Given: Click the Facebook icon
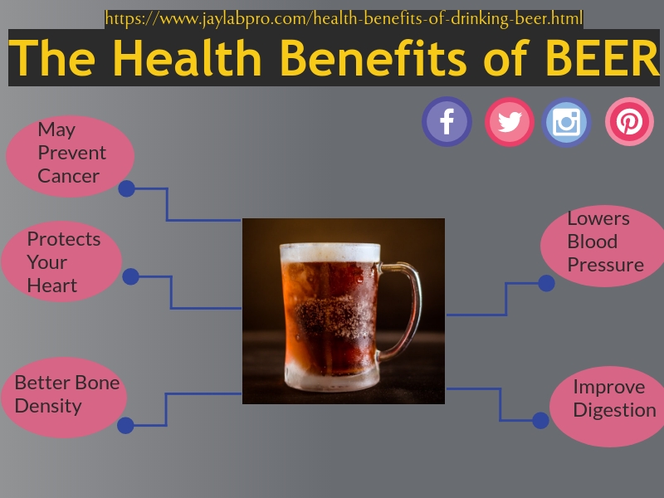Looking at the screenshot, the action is pyautogui.click(x=447, y=121).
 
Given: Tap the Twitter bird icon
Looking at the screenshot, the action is pyautogui.click(x=510, y=122).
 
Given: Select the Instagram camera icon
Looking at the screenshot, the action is pyautogui.click(x=566, y=122).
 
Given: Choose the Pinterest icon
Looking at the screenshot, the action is pyautogui.click(x=629, y=121).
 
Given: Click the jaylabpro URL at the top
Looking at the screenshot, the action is pyautogui.click(x=344, y=19).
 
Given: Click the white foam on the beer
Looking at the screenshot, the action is pyautogui.click(x=330, y=252).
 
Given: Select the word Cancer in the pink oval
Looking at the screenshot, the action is pyautogui.click(x=69, y=176).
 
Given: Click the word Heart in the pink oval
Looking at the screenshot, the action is pyautogui.click(x=52, y=286).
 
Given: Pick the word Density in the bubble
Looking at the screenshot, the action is pyautogui.click(x=48, y=406).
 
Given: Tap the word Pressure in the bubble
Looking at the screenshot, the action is pyautogui.click(x=606, y=265).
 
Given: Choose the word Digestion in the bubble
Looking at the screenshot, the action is pyautogui.click(x=615, y=410).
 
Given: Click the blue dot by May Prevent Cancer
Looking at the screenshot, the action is pyautogui.click(x=127, y=188).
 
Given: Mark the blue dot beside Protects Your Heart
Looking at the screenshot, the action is pyautogui.click(x=131, y=276).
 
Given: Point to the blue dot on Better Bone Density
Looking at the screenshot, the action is pyautogui.click(x=125, y=425).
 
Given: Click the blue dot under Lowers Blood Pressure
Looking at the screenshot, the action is pyautogui.click(x=546, y=283).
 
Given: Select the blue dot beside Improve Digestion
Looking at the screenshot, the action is pyautogui.click(x=540, y=421).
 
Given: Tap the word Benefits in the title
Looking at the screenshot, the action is pyautogui.click(x=374, y=58).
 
